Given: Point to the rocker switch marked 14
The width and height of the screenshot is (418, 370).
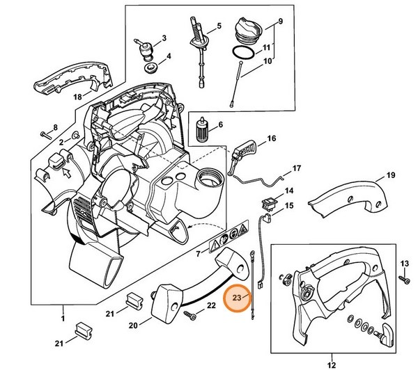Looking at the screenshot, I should click(x=268, y=203).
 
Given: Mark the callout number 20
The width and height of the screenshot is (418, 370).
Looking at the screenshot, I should click(x=133, y=324).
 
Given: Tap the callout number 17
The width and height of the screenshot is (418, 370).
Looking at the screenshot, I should click(x=296, y=168).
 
